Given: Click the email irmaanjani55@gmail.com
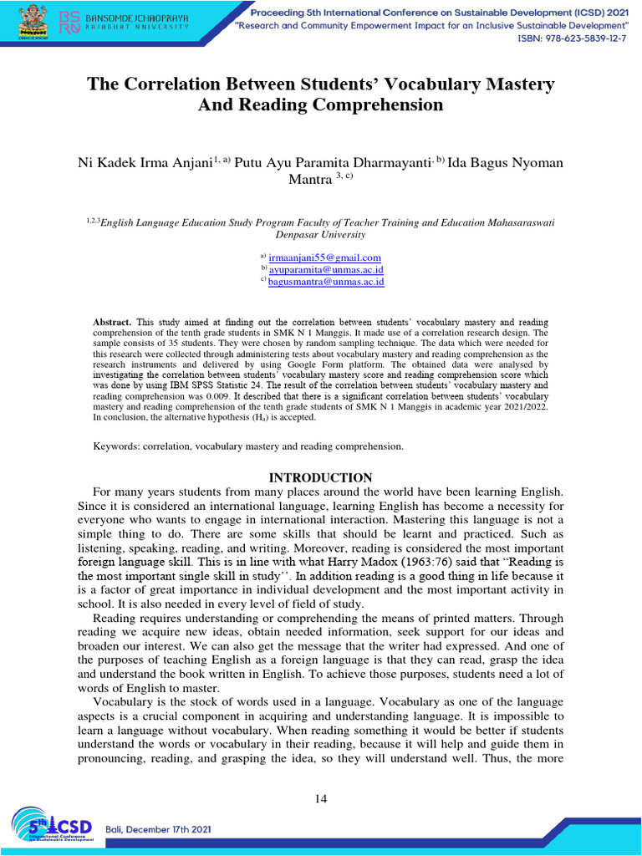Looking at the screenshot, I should tap(324, 257).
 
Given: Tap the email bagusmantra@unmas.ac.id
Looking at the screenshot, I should tap(326, 283).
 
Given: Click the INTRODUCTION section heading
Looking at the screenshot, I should tap(320, 477).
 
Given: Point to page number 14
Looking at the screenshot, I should tap(321, 799).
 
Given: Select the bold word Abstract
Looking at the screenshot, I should tap(111, 322).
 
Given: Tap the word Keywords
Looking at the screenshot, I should tap(115, 446).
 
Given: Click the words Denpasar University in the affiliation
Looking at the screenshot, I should tap(320, 235).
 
